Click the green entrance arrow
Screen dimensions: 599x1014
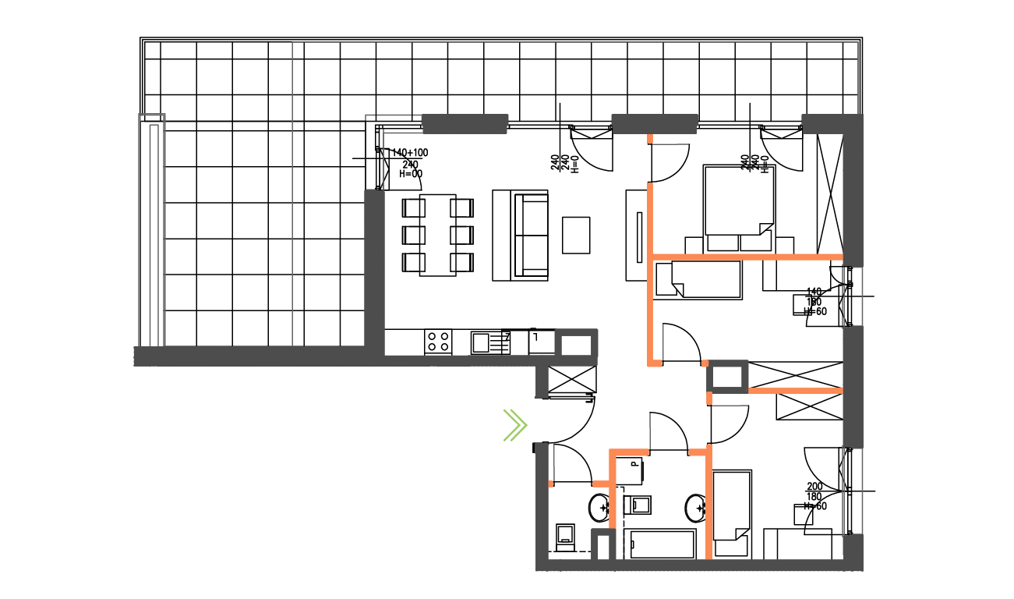click(x=515, y=425)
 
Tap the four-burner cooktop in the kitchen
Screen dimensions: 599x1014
click(x=438, y=341)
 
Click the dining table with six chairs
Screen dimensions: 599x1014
click(x=437, y=235)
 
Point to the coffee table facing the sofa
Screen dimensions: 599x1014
click(x=577, y=235)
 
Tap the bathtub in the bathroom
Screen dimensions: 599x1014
click(x=662, y=545)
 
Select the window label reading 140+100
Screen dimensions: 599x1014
click(x=410, y=153)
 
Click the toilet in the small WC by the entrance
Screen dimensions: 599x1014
click(x=565, y=536)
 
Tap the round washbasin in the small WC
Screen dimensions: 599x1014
click(x=600, y=509)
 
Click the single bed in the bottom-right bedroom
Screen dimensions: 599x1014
click(x=732, y=514)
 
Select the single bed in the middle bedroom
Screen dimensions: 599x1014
click(x=698, y=279)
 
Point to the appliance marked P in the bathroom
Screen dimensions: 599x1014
click(x=630, y=471)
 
